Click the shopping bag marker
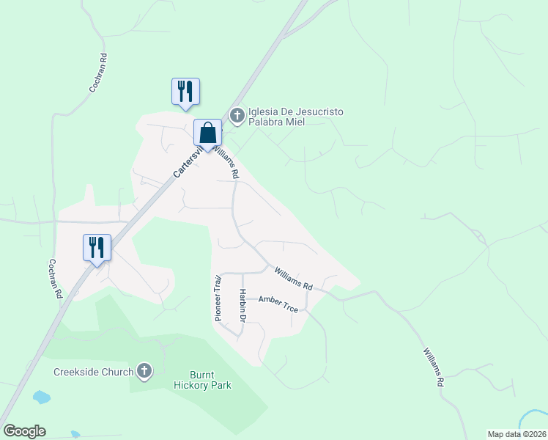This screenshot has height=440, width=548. [207, 133]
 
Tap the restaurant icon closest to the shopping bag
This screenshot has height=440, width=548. [185, 92]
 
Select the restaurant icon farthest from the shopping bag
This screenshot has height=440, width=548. [97, 248]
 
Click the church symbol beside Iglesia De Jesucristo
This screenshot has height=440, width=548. [237, 115]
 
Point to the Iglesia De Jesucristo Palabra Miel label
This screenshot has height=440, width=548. [296, 116]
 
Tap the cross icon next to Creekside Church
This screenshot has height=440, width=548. [144, 371]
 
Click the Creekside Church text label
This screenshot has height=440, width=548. [93, 371]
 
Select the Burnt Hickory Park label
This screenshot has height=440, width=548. [202, 380]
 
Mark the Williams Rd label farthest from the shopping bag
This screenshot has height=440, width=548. [433, 367]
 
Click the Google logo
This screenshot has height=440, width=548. [24, 431]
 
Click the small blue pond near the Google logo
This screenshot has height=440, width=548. [41, 397]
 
